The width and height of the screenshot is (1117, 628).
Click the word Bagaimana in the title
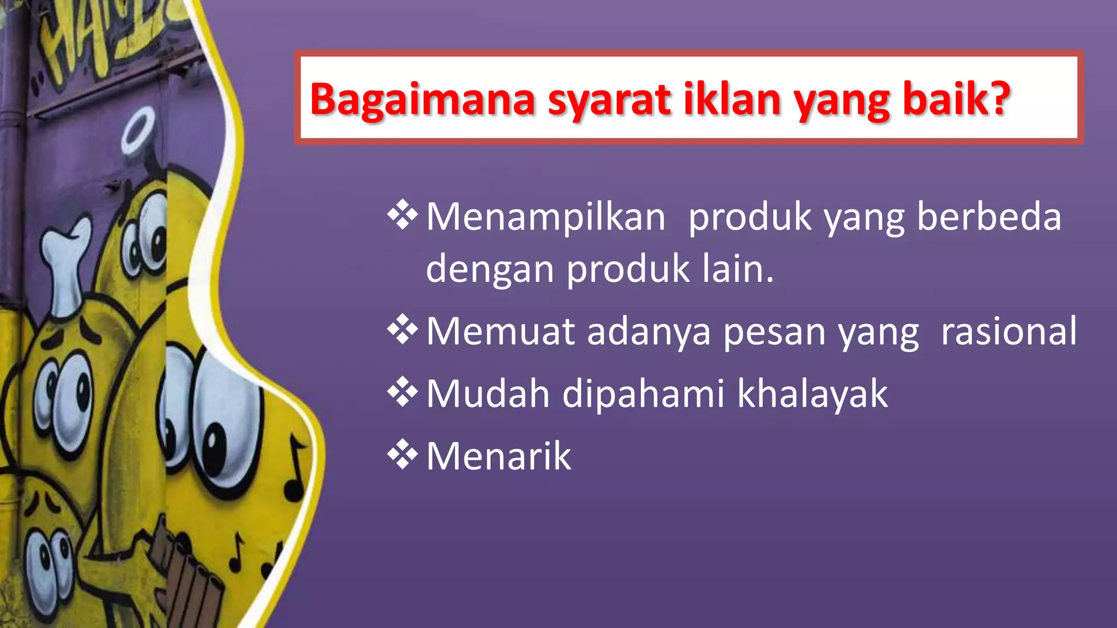[422, 100]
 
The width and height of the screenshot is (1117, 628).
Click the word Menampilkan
[545, 217]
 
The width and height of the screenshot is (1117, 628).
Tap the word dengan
[489, 269]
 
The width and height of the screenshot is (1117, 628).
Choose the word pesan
[774, 331]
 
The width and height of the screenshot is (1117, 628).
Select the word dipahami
[643, 394]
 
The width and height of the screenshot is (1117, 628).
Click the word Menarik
[499, 456]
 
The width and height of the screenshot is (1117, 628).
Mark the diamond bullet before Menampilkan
[403, 215]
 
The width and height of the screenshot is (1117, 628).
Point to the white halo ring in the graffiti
[139, 130]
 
